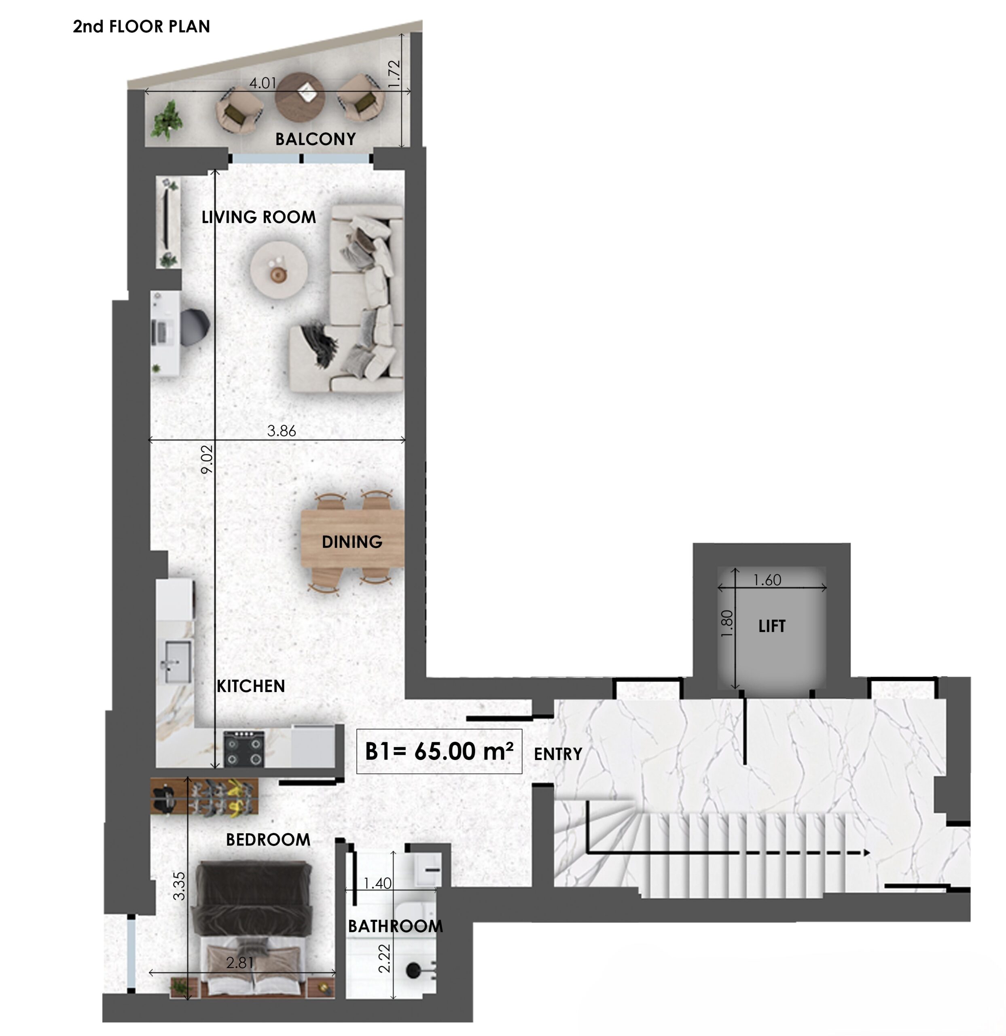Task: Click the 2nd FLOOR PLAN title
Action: [142, 26]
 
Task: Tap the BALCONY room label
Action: [316, 139]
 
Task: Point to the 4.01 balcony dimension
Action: [263, 83]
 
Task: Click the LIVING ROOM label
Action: [259, 217]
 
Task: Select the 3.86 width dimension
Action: [282, 431]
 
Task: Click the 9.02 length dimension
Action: [207, 459]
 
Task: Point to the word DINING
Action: [352, 542]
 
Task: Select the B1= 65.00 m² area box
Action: [439, 751]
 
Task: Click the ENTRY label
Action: [558, 754]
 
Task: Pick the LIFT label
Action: [772, 626]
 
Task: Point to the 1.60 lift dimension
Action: [767, 580]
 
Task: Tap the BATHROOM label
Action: [395, 926]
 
